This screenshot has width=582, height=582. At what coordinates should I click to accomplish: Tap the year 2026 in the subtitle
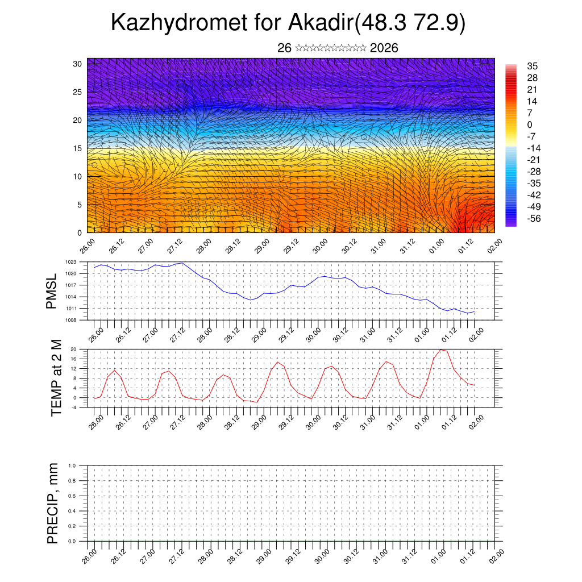[x=384, y=48]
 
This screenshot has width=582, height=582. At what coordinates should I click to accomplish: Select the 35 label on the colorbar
[x=533, y=66]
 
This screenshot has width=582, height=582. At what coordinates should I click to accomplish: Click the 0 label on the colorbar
[x=530, y=124]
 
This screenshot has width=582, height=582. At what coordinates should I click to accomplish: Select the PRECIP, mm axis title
[x=53, y=503]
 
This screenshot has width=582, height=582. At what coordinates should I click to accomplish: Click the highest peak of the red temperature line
[x=441, y=350]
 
